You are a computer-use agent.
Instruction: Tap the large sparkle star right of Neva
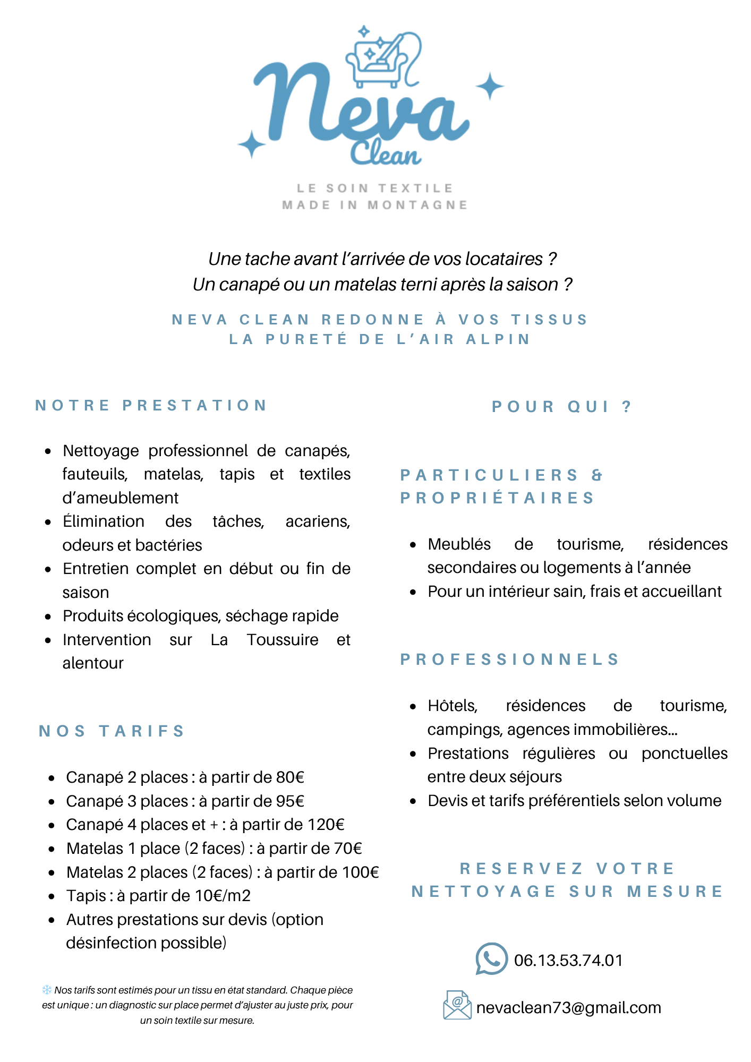click(489, 86)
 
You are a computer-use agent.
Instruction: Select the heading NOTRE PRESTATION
click(151, 406)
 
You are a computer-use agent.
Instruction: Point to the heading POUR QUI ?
click(562, 407)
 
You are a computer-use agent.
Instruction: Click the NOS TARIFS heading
click(112, 731)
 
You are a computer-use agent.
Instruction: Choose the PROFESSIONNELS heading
click(510, 660)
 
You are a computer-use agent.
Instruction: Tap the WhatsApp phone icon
click(491, 959)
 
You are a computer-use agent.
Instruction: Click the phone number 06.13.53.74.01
click(568, 961)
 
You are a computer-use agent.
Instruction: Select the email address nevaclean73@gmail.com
click(568, 1008)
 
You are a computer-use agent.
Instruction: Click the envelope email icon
click(457, 1005)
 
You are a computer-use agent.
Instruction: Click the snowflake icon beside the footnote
click(47, 990)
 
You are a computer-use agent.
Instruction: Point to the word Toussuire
click(283, 640)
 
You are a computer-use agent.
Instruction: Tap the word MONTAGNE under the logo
click(417, 205)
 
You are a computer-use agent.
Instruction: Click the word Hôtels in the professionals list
click(453, 706)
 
